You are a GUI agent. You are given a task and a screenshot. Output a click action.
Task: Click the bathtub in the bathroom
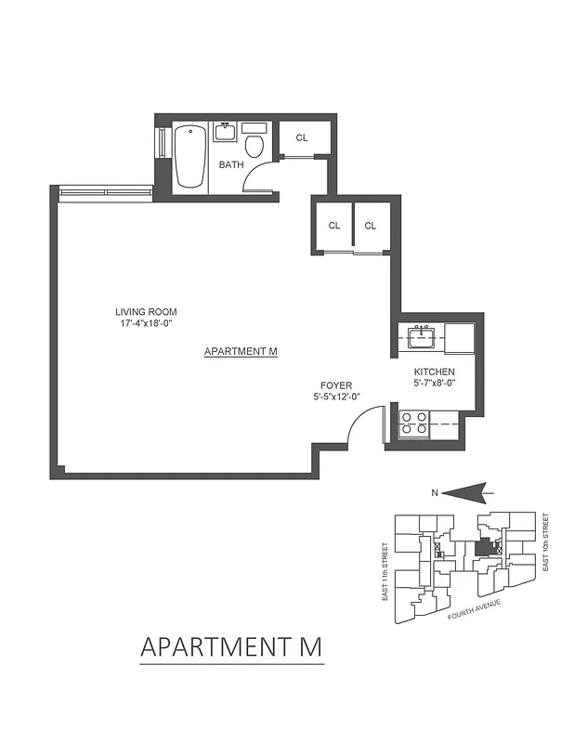[x=189, y=155]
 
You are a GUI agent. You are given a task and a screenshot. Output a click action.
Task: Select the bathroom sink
[x=226, y=132]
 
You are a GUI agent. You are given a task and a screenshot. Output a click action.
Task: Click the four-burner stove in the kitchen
[x=413, y=424]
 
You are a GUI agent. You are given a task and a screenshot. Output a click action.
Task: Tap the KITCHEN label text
[x=434, y=372]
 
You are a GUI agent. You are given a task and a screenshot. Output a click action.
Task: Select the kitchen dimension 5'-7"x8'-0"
[x=434, y=384]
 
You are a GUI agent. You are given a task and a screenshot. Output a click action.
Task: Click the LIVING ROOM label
[x=146, y=312]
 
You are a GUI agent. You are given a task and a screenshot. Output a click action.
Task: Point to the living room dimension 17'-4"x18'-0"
[x=146, y=323]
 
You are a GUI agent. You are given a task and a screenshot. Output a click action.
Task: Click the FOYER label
[x=335, y=385]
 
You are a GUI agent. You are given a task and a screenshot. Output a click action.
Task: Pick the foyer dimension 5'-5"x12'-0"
[x=335, y=397]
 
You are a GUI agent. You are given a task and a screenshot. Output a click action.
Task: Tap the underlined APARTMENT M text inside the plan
[x=241, y=352]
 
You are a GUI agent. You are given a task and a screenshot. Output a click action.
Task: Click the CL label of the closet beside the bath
[x=302, y=138]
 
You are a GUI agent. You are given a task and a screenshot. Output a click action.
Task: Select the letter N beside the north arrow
[x=434, y=494]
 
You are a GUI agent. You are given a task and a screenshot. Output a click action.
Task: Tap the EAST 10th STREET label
[x=546, y=541]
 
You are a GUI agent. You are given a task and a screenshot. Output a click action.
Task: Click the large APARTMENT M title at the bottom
[x=231, y=645]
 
